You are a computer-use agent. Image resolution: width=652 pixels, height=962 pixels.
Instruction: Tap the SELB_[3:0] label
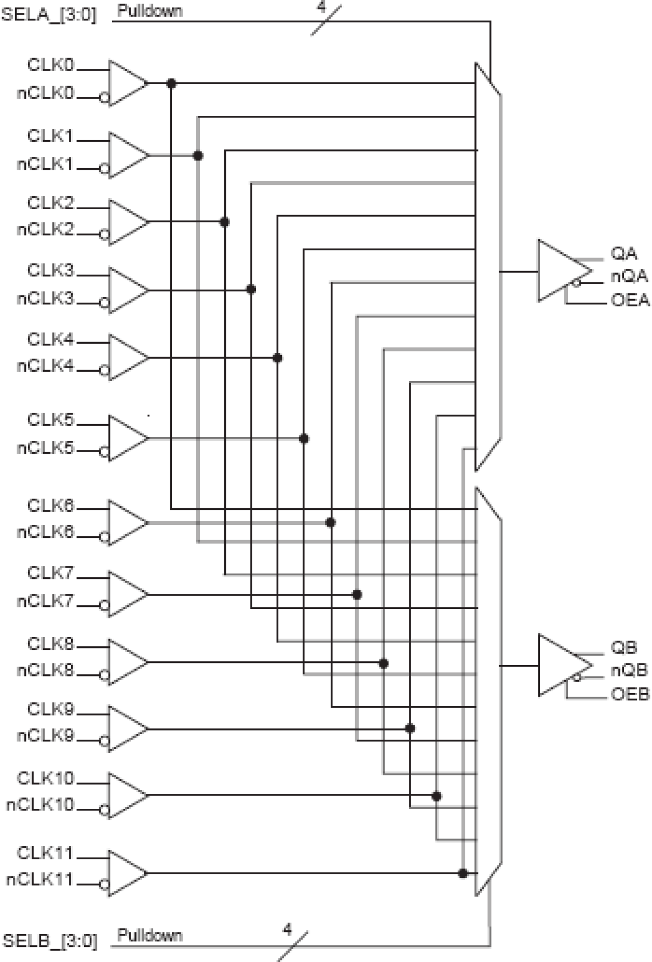pos(50,940)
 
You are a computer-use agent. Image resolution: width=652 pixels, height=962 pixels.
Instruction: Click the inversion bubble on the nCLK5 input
pos(104,452)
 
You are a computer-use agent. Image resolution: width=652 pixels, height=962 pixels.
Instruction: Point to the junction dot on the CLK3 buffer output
pos(251,289)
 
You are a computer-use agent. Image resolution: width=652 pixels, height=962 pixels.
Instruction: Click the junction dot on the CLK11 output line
pos(463,873)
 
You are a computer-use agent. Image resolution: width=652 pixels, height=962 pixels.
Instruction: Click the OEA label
pos(630,300)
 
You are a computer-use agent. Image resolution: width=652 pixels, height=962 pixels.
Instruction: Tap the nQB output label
pos(629,670)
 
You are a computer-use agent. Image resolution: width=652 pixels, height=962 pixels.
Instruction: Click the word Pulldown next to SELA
pos(150,11)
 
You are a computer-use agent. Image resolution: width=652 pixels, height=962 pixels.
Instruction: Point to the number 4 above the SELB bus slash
pos(287,929)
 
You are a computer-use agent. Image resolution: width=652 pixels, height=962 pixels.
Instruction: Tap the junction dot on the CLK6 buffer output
pos(330,522)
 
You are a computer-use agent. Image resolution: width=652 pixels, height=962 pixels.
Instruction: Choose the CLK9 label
pos(50,709)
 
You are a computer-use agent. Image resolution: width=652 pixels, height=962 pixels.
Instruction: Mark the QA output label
pos(623,253)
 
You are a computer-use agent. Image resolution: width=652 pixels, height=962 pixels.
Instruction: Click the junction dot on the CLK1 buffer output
pos(198,155)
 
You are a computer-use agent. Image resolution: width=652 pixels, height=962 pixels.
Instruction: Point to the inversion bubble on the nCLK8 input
pos(104,675)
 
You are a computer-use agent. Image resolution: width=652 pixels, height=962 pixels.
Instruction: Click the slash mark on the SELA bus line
pos(326,20)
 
